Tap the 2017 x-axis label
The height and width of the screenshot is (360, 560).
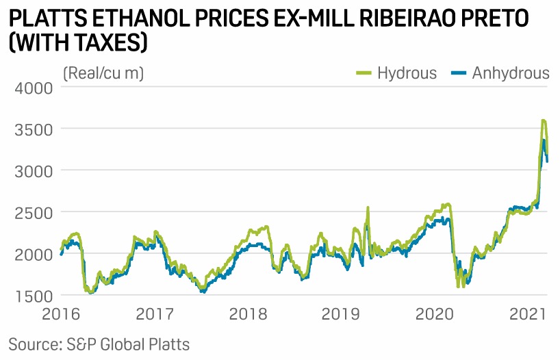click(x=155, y=315)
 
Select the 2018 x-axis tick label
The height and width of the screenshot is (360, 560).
click(x=248, y=315)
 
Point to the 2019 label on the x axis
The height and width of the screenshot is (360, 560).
click(x=340, y=315)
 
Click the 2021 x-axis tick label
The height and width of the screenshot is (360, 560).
click(x=527, y=315)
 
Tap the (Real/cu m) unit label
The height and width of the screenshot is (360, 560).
click(x=103, y=73)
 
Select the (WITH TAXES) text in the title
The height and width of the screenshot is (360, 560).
click(x=78, y=44)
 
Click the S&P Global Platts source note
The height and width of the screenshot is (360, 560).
click(x=99, y=343)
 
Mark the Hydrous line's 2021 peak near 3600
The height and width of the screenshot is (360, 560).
click(x=544, y=121)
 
